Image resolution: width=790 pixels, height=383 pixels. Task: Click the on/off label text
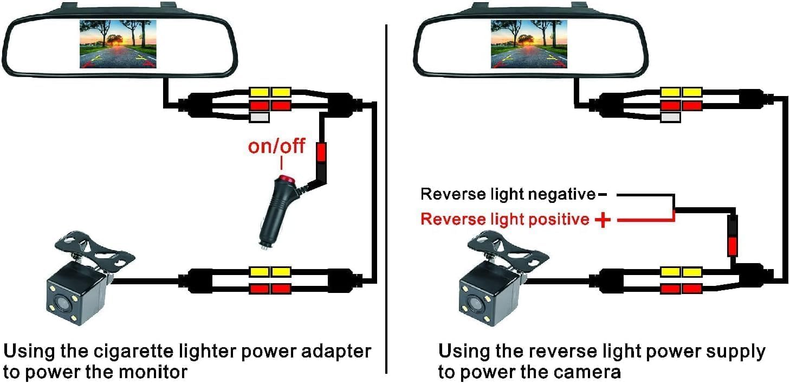click(276, 146)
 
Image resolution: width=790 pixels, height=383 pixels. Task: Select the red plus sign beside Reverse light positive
click(602, 220)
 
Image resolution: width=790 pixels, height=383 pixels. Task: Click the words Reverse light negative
click(508, 194)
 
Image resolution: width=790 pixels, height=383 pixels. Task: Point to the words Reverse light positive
click(504, 219)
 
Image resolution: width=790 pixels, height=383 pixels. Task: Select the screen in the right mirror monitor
click(529, 44)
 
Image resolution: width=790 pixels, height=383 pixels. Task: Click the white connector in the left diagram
click(259, 117)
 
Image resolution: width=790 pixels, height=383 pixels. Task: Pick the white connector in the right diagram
click(670, 117)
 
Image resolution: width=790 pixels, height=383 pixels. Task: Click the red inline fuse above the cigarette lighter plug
click(321, 152)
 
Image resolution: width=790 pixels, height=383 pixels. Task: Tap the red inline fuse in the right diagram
click(733, 245)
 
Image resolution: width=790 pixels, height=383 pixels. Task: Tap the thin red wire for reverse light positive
click(645, 220)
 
